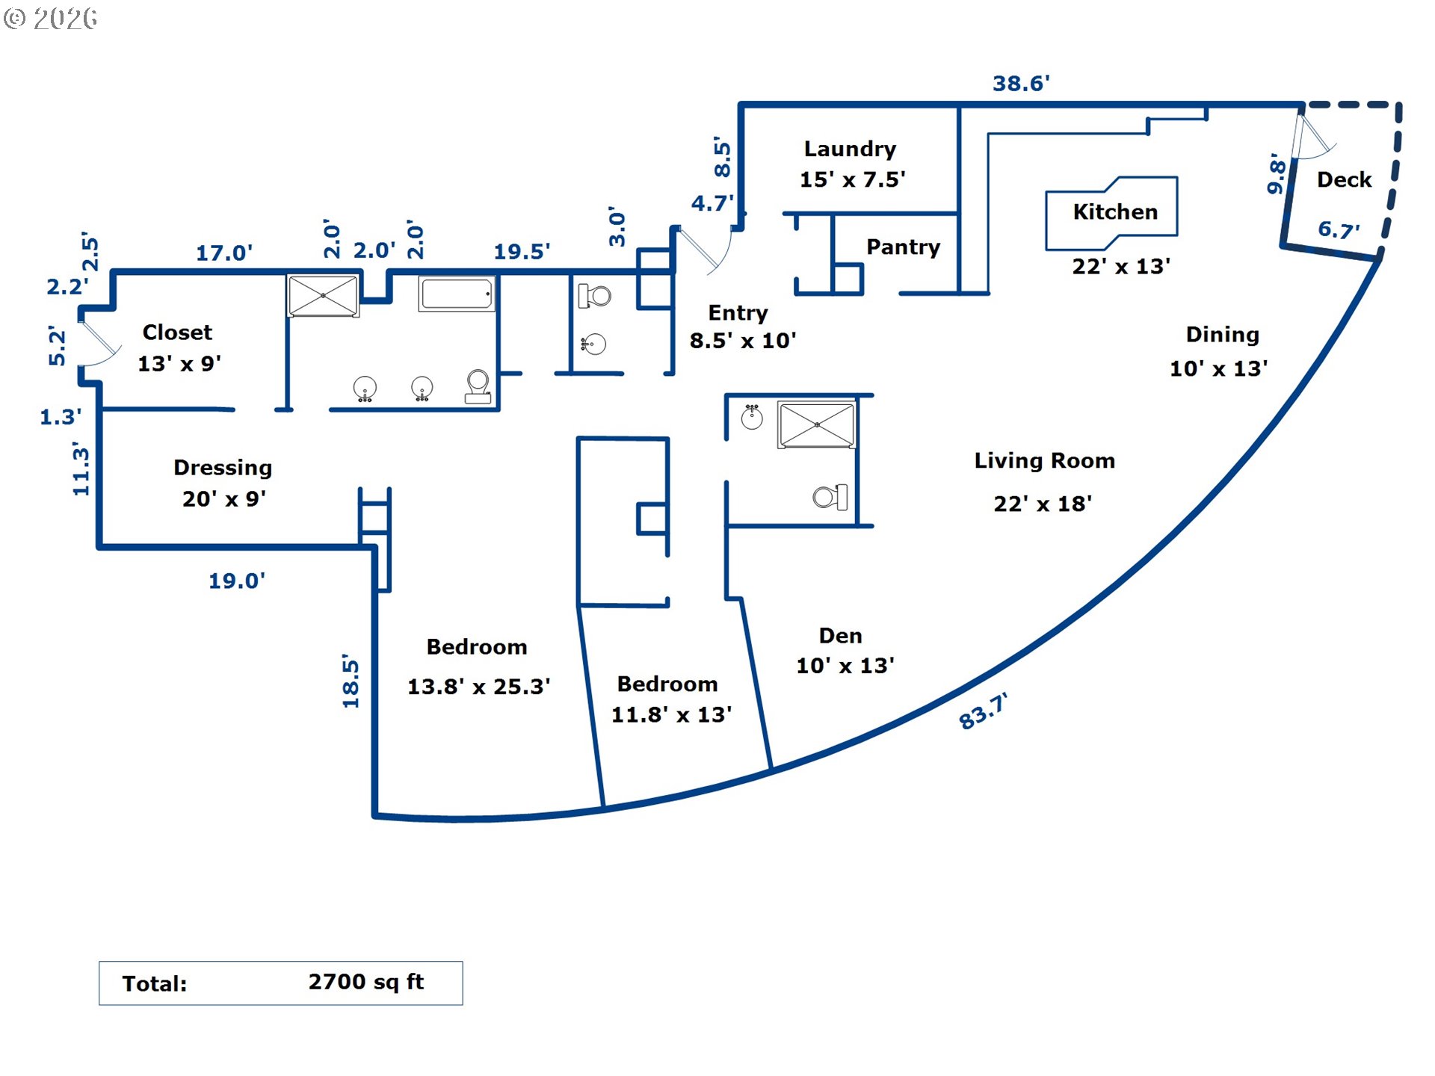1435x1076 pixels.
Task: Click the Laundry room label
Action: click(850, 149)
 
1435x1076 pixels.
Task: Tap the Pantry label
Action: click(903, 247)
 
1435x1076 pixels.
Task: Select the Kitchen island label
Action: click(1114, 212)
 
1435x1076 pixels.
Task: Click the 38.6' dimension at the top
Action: click(1020, 84)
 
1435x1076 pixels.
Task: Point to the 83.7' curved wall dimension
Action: click(982, 711)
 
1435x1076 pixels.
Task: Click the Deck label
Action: click(1343, 180)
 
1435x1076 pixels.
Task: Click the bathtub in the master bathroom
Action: click(457, 294)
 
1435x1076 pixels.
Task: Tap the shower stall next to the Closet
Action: click(323, 296)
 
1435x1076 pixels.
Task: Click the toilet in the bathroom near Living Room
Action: click(830, 497)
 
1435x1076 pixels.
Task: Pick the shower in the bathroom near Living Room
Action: click(816, 424)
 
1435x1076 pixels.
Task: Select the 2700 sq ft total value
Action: click(365, 982)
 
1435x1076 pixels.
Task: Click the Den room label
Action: click(840, 636)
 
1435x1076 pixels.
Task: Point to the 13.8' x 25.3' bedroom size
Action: click(478, 687)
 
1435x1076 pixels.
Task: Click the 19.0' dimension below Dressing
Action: click(236, 581)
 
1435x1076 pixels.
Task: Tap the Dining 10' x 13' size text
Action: click(1218, 368)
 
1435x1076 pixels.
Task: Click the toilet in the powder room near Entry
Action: click(595, 297)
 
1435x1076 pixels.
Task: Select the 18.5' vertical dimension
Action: click(351, 680)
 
